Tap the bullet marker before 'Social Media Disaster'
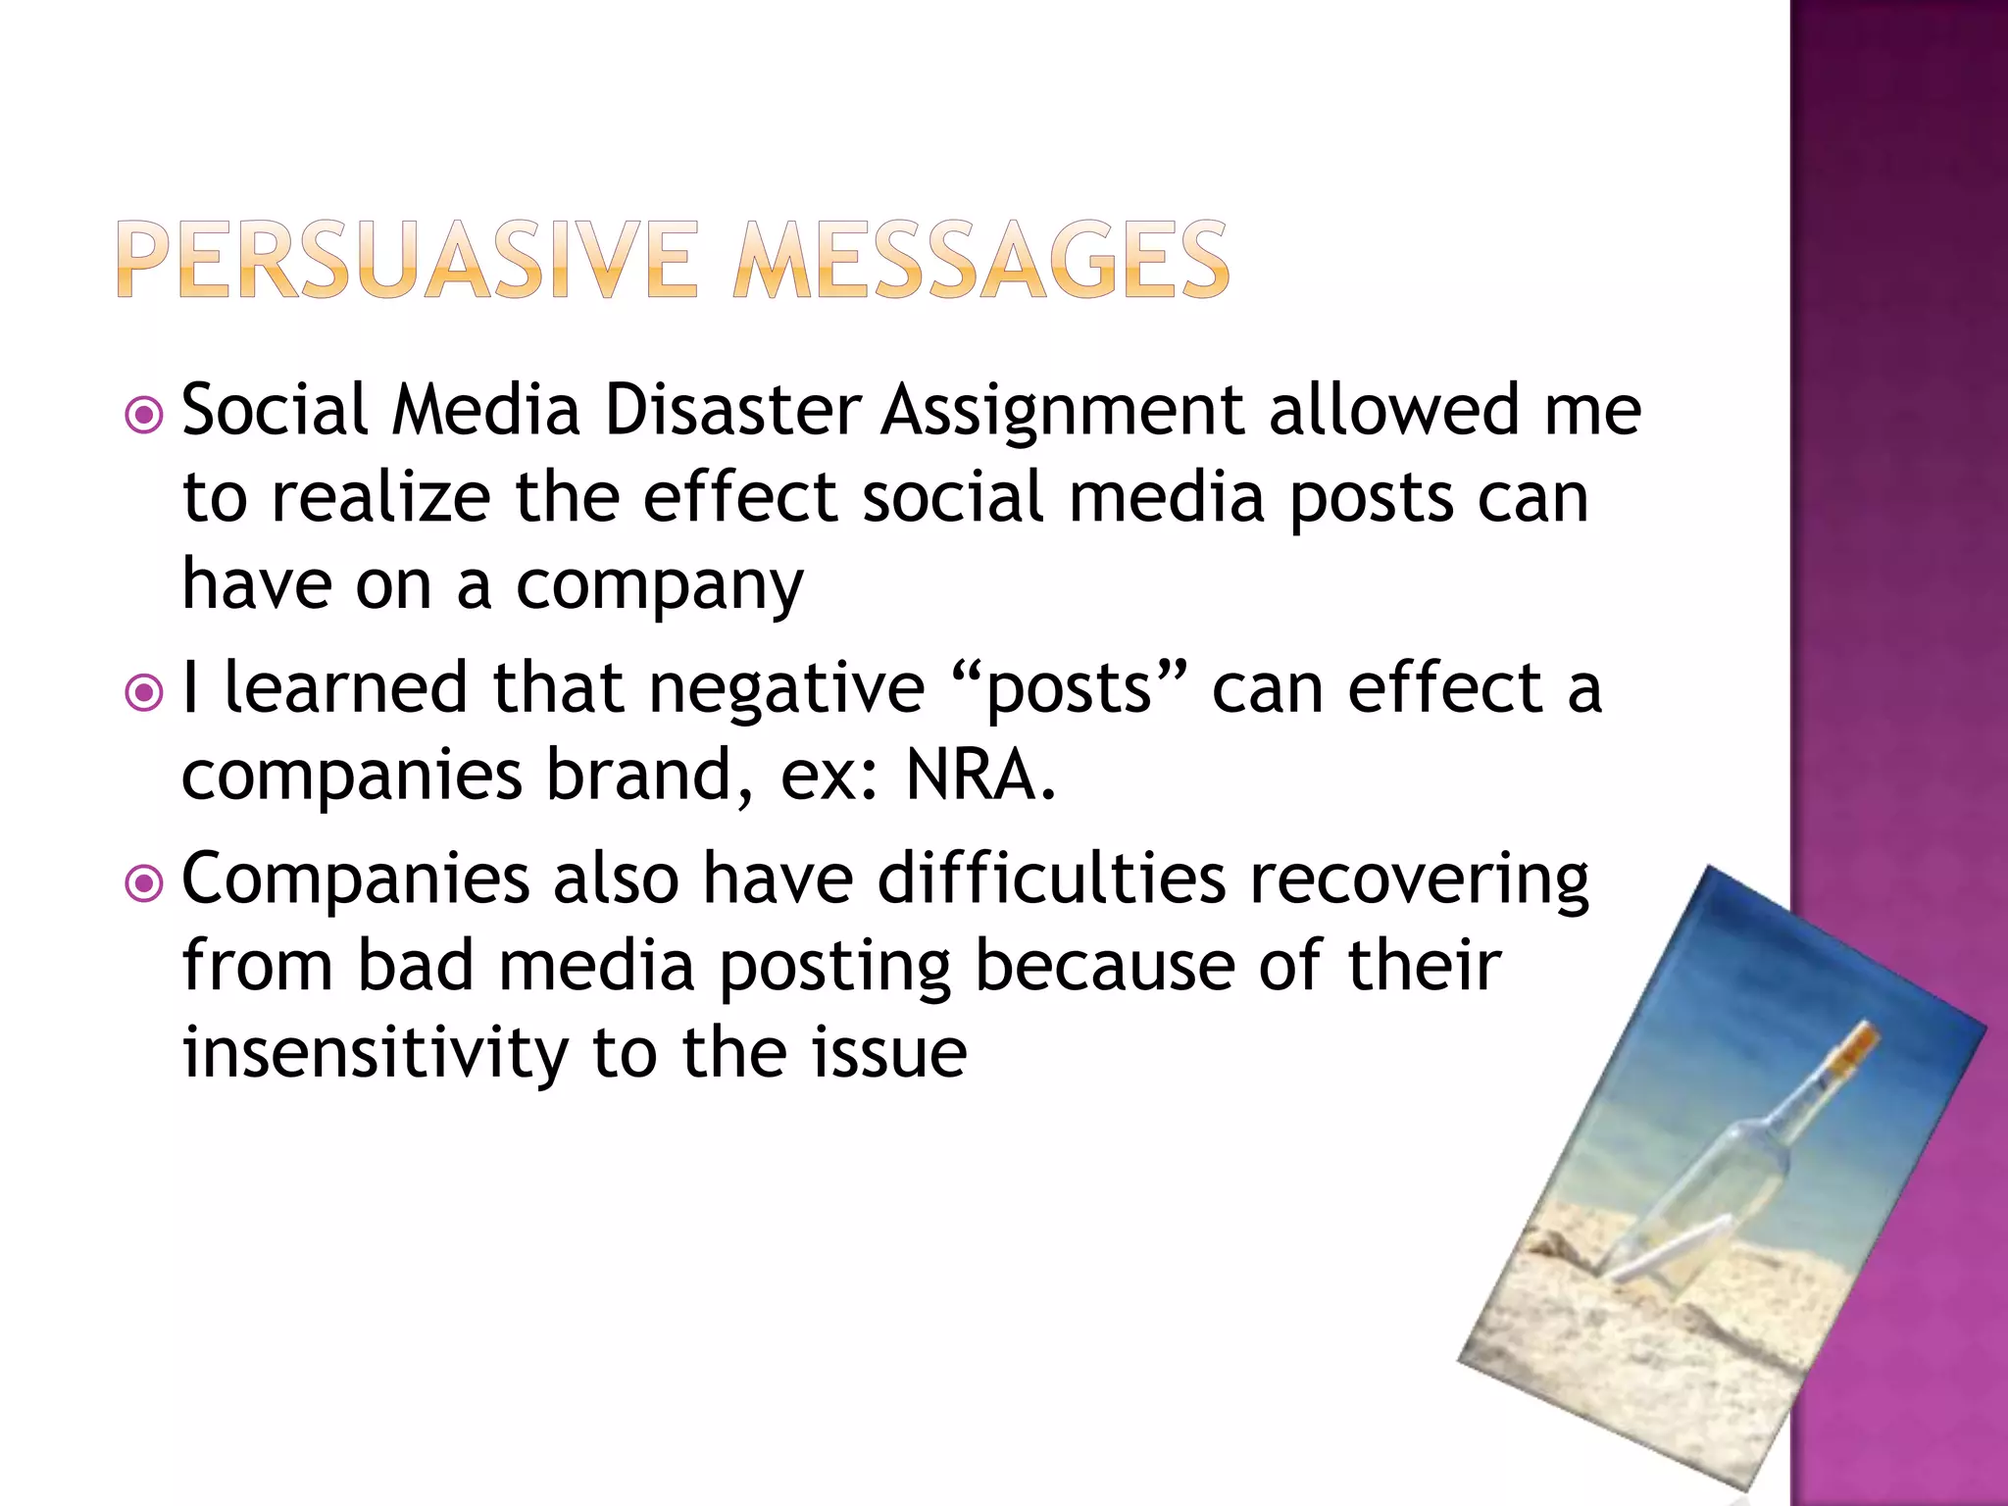point(144,416)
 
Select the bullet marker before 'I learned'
point(144,693)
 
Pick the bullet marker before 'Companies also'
point(144,884)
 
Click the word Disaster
point(732,410)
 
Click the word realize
point(379,498)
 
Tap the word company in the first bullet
point(659,586)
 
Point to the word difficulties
point(1051,878)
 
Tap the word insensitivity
point(376,1052)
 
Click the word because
point(1105,966)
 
